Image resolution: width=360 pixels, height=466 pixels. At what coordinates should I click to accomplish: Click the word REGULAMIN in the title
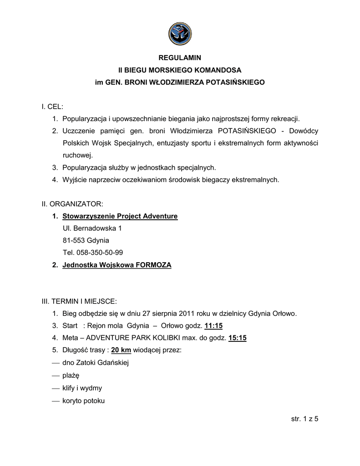(179, 58)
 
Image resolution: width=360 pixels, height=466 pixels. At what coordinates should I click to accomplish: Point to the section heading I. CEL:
(52, 106)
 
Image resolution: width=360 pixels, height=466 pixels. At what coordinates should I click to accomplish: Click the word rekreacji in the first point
(286, 119)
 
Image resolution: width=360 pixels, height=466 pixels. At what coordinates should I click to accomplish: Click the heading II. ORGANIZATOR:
(72, 203)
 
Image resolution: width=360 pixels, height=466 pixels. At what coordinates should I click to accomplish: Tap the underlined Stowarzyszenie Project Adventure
(120, 216)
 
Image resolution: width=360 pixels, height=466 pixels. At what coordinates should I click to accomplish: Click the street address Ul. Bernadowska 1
(92, 228)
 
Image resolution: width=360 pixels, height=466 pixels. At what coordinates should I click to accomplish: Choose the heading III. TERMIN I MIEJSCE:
(79, 301)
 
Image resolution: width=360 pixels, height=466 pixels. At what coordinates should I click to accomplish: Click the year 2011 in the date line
(187, 314)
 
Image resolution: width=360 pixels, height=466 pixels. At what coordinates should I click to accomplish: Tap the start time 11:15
(214, 326)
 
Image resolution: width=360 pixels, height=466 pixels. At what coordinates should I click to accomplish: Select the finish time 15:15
(238, 338)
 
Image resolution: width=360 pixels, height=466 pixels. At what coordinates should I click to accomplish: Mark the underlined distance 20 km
(121, 350)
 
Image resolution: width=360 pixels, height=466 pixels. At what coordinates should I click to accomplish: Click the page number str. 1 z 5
(304, 419)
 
